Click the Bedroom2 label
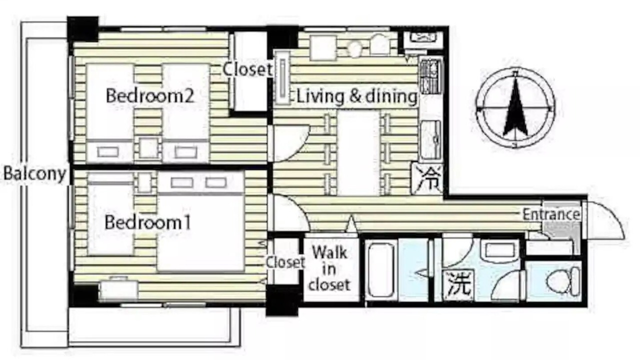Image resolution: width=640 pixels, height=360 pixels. (x=150, y=96)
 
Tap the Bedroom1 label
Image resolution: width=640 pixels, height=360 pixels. (x=147, y=222)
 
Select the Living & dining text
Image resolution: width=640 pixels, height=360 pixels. (x=357, y=96)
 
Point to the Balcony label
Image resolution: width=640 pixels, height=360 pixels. (x=34, y=174)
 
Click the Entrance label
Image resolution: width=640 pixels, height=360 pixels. (x=551, y=214)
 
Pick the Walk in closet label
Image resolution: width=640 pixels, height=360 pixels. (x=329, y=268)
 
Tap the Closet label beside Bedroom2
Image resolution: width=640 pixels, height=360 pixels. (x=247, y=69)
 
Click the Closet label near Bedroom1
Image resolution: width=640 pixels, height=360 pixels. (x=285, y=262)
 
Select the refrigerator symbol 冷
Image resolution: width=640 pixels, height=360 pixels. (x=427, y=179)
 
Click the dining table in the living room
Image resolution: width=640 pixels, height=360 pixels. (x=358, y=153)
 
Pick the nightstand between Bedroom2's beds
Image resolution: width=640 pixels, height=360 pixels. (x=148, y=148)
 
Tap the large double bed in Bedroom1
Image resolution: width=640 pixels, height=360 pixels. (x=200, y=223)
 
